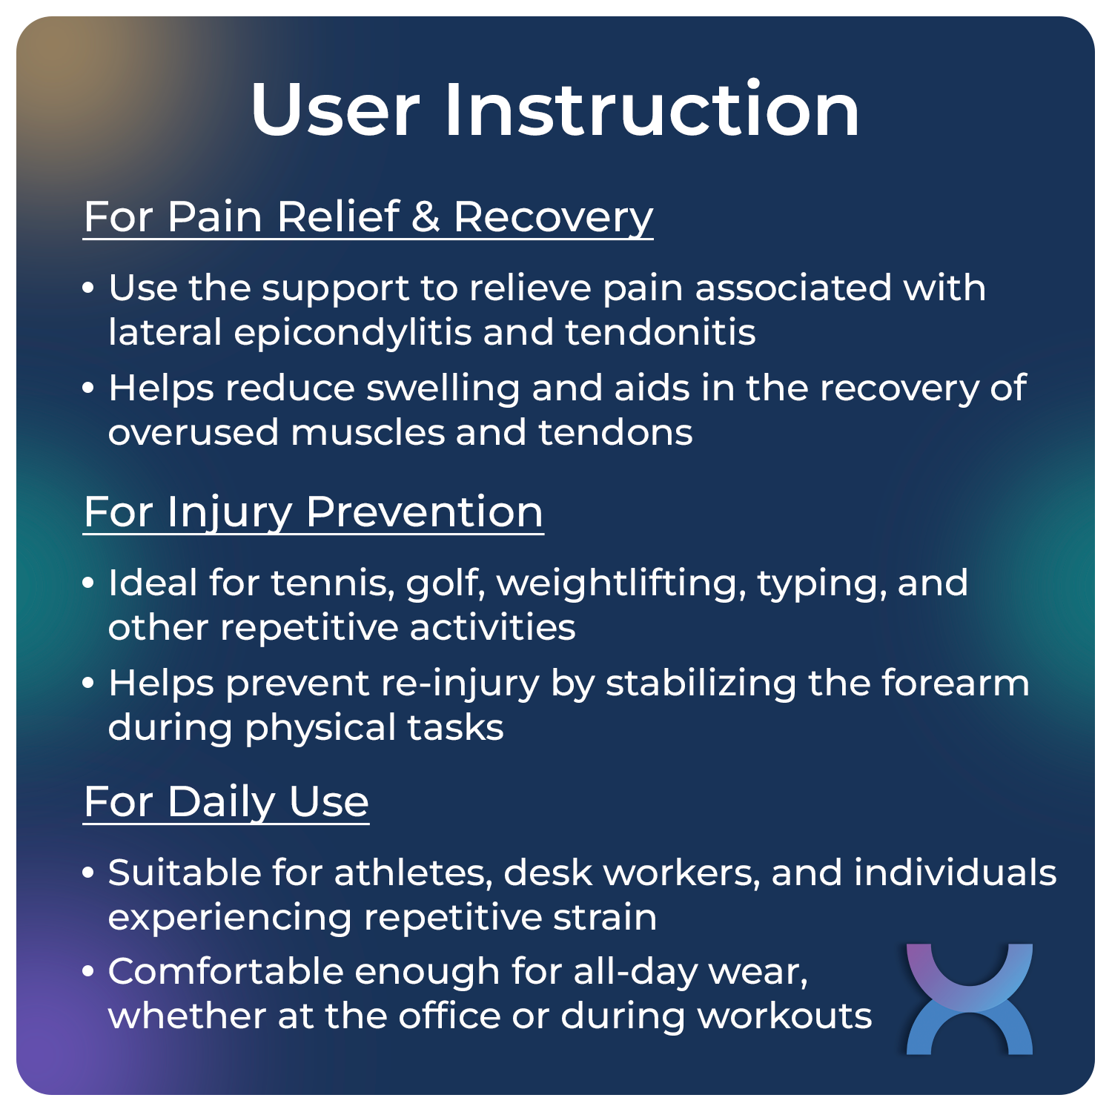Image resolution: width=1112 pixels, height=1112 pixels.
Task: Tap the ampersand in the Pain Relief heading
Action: coord(426,216)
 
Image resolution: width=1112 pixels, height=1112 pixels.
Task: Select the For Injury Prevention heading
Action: coord(313,512)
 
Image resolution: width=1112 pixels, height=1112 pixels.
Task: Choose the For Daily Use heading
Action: coord(226,801)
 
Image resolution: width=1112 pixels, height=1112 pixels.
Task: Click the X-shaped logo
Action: coord(969,999)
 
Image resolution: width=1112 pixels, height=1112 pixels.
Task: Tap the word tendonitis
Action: coord(661,332)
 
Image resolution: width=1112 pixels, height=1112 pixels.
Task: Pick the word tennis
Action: coord(332,583)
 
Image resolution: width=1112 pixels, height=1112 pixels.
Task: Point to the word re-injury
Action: coord(460,684)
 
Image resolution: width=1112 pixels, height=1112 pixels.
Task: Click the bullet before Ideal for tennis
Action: coord(89,583)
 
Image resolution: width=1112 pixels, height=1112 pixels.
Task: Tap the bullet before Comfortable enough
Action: coord(89,971)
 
